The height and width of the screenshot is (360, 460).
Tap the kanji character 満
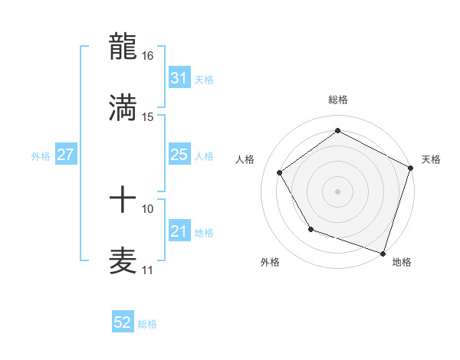click(123, 106)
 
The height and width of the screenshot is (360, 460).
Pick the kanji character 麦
click(123, 260)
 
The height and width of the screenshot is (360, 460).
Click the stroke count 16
click(148, 56)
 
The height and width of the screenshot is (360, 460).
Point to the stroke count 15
click(148, 116)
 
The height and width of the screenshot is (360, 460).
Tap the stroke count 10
click(148, 208)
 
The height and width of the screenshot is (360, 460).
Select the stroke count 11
click(148, 270)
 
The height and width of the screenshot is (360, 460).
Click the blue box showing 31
click(179, 77)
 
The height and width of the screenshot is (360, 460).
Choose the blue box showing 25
click(179, 155)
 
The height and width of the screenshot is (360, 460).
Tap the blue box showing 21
click(179, 231)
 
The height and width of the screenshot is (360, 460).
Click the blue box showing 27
click(65, 155)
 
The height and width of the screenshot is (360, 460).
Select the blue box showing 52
click(123, 322)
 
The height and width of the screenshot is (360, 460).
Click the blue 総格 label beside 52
click(147, 324)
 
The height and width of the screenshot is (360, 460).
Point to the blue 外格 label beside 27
click(41, 155)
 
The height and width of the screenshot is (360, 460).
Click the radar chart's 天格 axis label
click(431, 159)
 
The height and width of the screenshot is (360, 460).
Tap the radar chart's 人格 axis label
click(245, 159)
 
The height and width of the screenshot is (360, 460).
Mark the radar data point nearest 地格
click(383, 252)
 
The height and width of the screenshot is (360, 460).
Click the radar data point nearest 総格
click(337, 130)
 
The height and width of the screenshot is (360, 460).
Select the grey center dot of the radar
click(337, 191)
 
